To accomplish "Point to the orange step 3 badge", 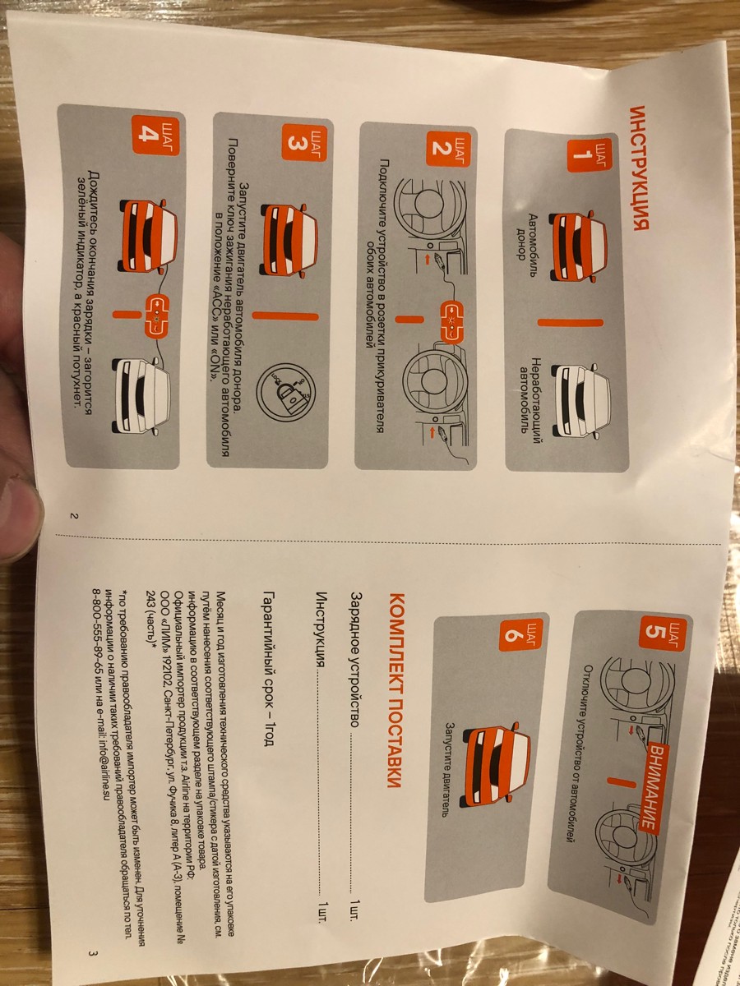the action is (x=303, y=143).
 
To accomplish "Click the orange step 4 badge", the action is (x=155, y=136).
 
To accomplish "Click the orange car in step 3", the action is (x=289, y=240).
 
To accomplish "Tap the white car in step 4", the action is (x=141, y=396).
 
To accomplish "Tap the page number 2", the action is (x=74, y=516).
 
